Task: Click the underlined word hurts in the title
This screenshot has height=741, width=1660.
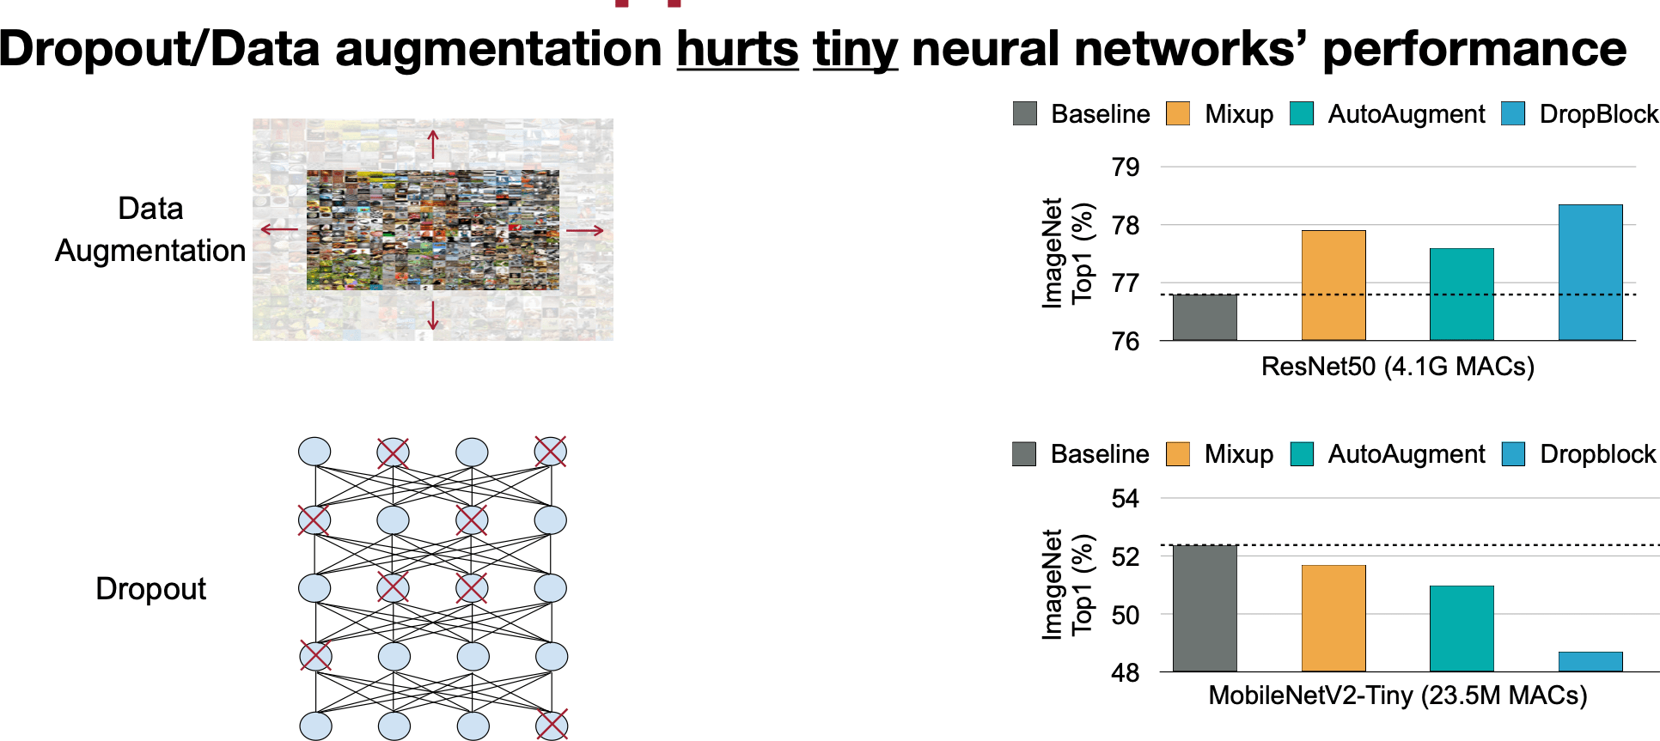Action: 737,49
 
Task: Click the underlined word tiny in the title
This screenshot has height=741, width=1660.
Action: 855,49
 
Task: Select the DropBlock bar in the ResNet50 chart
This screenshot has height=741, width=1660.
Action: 1590,272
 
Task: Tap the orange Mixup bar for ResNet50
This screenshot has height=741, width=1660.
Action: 1333,285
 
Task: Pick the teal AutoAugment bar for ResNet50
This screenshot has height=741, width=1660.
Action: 1461,294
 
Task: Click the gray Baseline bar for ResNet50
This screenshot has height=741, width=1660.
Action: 1205,317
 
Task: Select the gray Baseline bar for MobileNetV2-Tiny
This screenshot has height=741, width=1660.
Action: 1205,608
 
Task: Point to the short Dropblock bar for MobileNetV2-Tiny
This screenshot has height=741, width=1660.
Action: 1590,661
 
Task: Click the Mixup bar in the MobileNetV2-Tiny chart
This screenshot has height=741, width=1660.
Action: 1333,618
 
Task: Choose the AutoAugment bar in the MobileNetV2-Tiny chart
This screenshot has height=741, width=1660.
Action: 1461,629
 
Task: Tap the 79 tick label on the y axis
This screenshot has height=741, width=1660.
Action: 1125,167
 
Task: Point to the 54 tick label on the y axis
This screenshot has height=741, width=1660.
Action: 1125,499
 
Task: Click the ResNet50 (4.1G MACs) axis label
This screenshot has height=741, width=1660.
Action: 1397,367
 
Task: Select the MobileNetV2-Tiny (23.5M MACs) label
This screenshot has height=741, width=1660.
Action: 1397,695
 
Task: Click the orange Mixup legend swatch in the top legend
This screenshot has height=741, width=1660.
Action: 1178,114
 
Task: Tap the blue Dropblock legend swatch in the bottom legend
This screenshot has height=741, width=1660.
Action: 1513,454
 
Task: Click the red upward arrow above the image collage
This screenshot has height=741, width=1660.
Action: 433,143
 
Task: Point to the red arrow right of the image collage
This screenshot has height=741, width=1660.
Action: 585,230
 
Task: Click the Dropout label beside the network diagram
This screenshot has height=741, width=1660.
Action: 150,589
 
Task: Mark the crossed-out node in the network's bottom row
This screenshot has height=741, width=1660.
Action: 551,726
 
